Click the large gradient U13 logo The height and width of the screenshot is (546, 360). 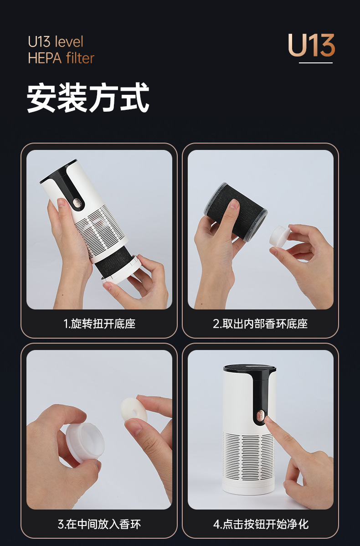tap(311, 46)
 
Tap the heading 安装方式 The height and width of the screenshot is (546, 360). tap(88, 98)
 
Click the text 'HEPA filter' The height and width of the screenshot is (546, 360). tap(61, 58)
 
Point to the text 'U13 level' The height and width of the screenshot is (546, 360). tap(56, 42)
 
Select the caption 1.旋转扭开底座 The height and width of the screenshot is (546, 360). tap(99, 324)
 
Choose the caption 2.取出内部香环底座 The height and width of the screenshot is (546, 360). tap(260, 324)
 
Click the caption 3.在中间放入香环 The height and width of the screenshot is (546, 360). tap(99, 524)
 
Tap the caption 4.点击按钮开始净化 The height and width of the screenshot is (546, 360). tap(260, 524)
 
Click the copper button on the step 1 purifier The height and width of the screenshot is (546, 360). tap(75, 202)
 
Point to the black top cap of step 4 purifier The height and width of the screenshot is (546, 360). tap(249, 368)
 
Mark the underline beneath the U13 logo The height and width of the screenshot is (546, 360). tap(316, 63)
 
